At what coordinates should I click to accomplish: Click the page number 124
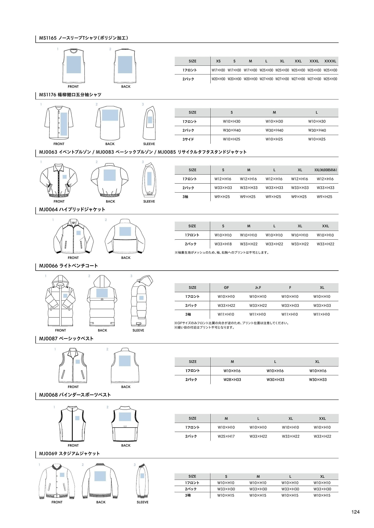click(x=355, y=512)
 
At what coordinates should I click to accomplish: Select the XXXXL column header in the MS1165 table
click(x=330, y=61)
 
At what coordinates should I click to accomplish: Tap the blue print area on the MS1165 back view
click(x=125, y=65)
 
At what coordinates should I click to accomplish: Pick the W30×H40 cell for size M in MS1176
click(x=274, y=130)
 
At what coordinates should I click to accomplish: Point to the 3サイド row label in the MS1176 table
click(x=188, y=139)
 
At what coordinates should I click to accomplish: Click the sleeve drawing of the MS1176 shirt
click(x=149, y=123)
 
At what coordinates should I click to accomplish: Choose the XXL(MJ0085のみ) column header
click(x=325, y=170)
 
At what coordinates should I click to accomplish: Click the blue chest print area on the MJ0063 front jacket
click(x=65, y=177)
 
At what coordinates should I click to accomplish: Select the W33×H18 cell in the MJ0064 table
click(x=223, y=244)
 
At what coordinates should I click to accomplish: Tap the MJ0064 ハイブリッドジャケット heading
click(x=72, y=210)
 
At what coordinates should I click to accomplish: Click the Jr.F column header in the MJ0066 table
click(x=258, y=287)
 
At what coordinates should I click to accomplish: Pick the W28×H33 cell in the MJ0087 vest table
click(x=232, y=380)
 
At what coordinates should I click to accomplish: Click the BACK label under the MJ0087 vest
click(x=126, y=387)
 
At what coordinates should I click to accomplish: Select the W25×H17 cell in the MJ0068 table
click(x=226, y=436)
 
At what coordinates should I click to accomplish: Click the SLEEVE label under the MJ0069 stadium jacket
click(x=143, y=502)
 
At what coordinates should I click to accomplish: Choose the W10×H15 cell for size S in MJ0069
click(x=226, y=495)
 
